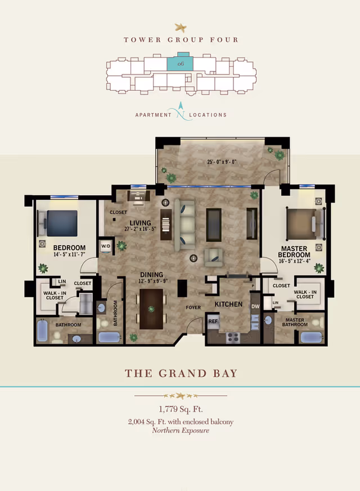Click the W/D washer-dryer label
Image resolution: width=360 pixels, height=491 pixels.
(105, 246)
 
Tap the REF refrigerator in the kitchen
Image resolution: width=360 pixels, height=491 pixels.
(213, 321)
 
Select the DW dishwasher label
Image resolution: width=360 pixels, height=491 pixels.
(255, 307)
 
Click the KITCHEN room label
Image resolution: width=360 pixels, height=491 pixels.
(228, 304)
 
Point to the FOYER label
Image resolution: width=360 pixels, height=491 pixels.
(193, 308)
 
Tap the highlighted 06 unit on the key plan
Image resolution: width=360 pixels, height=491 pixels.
(181, 64)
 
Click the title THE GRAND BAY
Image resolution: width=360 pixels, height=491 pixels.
(181, 373)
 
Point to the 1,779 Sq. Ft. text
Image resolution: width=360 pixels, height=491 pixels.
(181, 409)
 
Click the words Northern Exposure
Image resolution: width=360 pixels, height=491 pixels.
(181, 430)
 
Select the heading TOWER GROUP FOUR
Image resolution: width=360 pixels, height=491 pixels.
(181, 39)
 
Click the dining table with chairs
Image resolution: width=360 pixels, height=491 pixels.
(151, 308)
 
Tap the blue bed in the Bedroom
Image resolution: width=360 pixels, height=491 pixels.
(61, 223)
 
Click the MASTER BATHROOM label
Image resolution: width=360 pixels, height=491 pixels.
(294, 323)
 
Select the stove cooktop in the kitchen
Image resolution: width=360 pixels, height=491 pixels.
(232, 337)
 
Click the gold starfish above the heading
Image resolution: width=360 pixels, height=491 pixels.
(181, 26)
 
